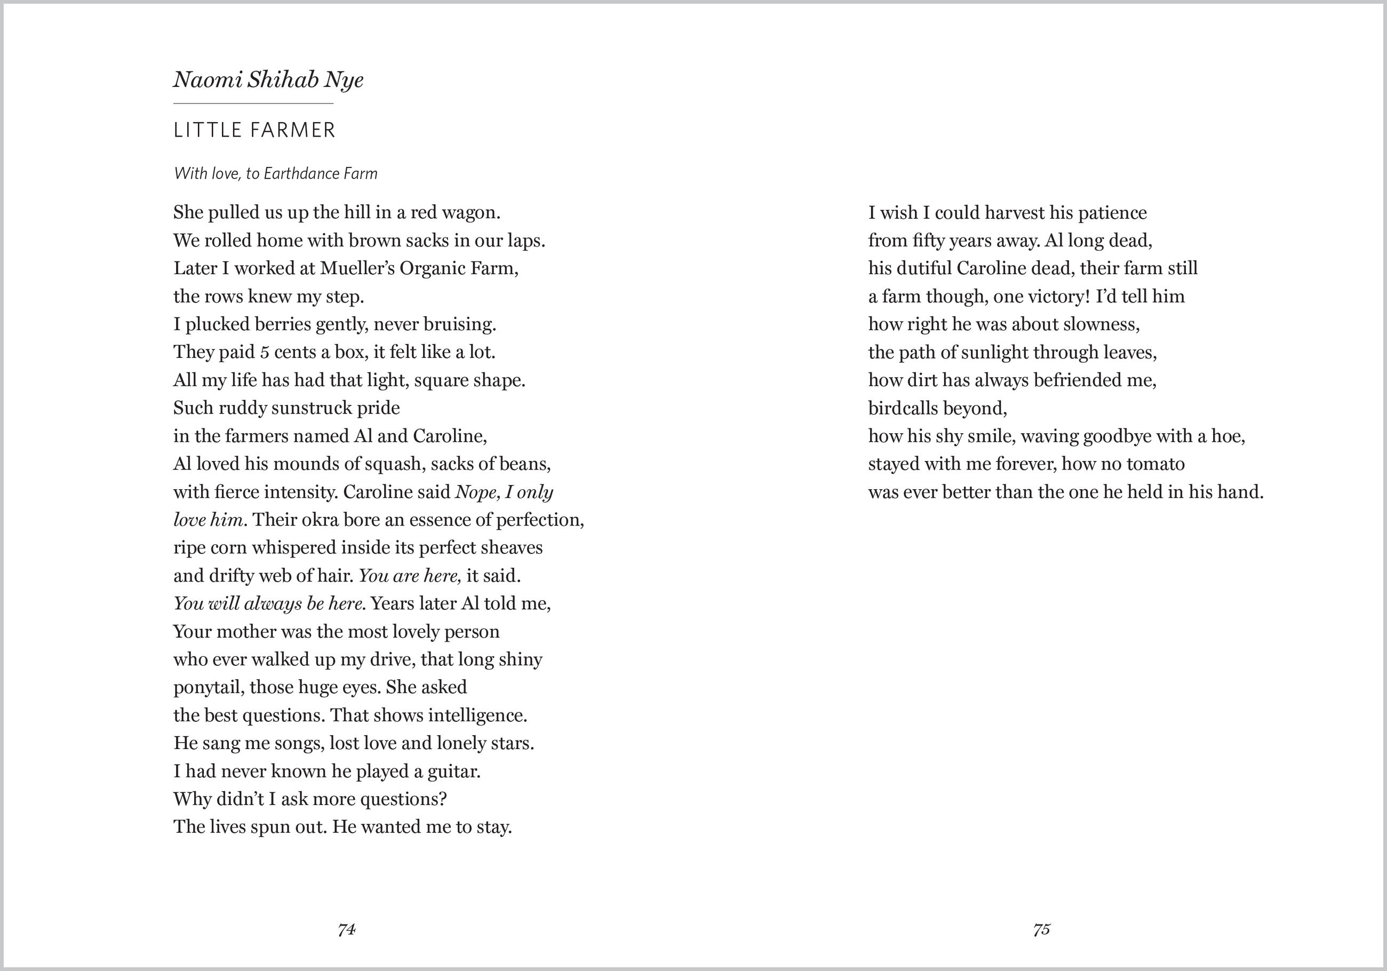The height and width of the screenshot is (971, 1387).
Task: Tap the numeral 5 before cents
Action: (x=265, y=352)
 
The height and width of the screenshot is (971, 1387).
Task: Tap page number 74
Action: (x=347, y=930)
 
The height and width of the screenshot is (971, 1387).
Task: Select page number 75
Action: (x=1041, y=930)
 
